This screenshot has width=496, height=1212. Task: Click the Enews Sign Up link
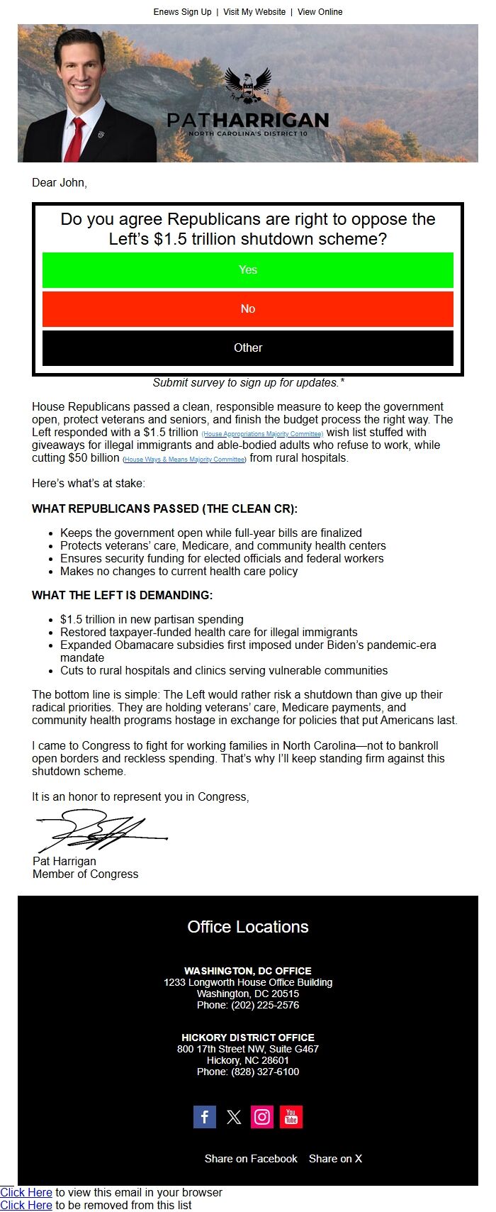[x=182, y=12]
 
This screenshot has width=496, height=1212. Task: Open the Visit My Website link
[x=254, y=12]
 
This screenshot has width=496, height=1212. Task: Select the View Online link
[x=320, y=12]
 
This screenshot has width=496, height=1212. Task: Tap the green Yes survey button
[x=248, y=270]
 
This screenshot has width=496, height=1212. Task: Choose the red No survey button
[x=248, y=309]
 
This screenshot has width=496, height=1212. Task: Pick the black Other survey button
[x=248, y=348]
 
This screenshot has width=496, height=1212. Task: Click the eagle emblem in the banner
[x=248, y=85]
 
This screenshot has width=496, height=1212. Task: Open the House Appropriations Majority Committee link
[x=262, y=434]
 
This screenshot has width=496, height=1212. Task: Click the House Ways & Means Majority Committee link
[x=184, y=460]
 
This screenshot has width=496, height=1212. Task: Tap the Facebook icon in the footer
[x=205, y=1117]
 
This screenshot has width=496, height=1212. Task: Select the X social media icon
[x=234, y=1117]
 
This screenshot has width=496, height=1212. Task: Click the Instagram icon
[x=262, y=1117]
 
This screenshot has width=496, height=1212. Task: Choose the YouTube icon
[x=291, y=1117]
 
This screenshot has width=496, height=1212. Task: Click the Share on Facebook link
[x=251, y=1159]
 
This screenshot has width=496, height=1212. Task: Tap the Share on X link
[x=335, y=1159]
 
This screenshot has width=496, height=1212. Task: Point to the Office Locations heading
[x=248, y=927]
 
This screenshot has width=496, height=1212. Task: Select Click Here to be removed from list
[x=26, y=1205]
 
